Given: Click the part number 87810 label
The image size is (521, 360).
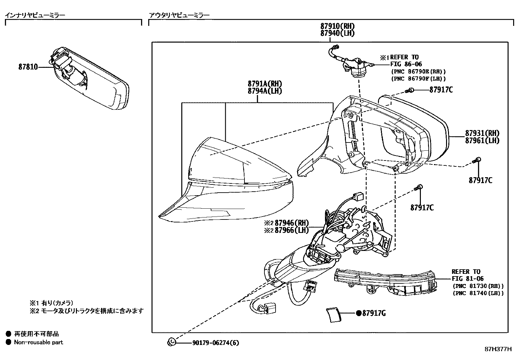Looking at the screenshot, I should (x=28, y=67).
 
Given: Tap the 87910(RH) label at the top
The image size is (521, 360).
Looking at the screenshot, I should (x=337, y=26).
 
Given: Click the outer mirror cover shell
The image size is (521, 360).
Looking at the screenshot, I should (x=226, y=183).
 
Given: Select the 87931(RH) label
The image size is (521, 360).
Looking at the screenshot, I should (x=482, y=133).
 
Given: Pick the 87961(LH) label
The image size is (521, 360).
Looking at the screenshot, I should (x=482, y=141).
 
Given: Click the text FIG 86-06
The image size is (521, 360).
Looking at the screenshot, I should (x=406, y=64).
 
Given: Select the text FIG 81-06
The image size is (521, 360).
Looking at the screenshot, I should (x=468, y=279).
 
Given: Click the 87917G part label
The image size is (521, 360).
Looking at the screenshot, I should (x=373, y=313).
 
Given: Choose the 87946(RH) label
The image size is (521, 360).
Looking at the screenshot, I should (x=291, y=223).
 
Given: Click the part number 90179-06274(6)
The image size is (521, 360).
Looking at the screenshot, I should (x=216, y=343).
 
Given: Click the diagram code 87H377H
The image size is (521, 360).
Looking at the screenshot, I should (x=498, y=349).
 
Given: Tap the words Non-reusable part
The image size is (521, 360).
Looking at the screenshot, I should (x=38, y=342).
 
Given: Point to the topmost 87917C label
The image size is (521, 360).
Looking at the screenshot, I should (x=441, y=90).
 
